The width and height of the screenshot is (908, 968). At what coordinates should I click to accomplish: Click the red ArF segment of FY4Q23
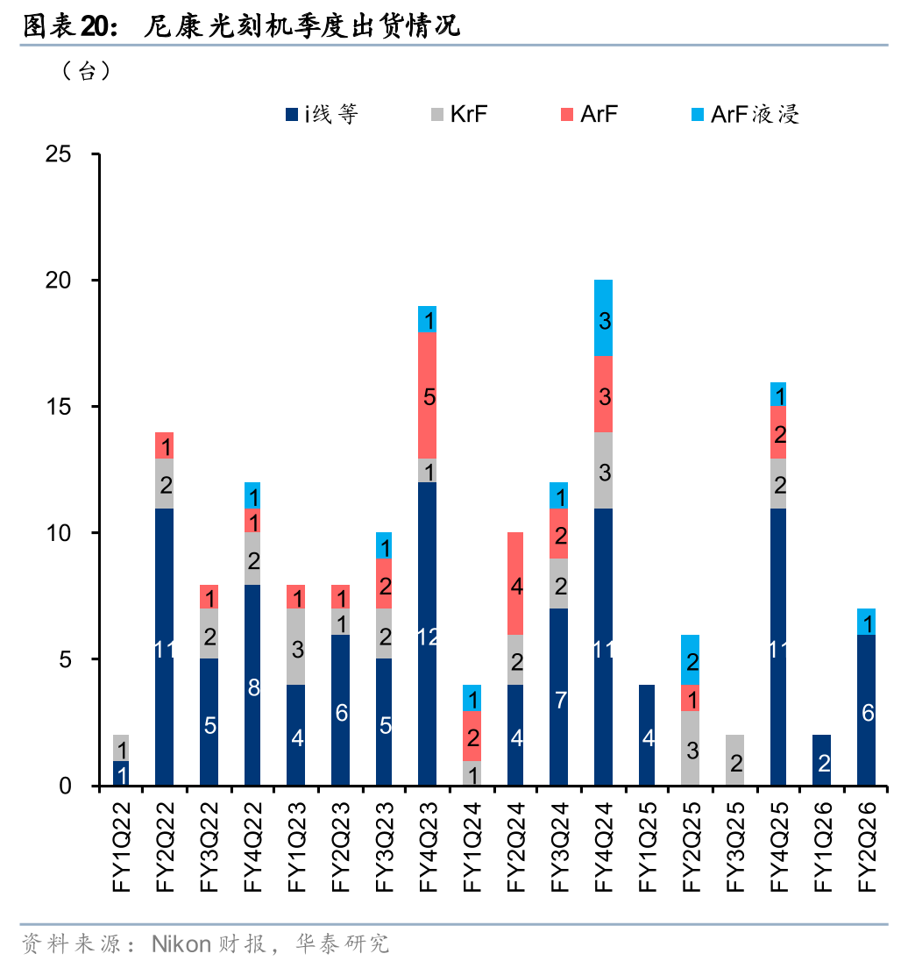(x=428, y=395)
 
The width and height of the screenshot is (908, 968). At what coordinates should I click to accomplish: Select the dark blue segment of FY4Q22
(x=252, y=684)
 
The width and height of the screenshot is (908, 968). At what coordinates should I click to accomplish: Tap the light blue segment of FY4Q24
(x=603, y=318)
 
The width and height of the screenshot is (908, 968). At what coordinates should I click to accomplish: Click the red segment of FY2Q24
(x=515, y=583)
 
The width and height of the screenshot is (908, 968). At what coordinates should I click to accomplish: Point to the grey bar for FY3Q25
(x=734, y=760)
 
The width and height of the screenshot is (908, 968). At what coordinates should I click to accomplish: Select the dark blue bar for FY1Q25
(x=647, y=735)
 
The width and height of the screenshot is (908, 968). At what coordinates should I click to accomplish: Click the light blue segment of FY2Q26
(x=866, y=622)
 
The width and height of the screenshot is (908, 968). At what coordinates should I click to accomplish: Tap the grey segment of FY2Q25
(x=691, y=748)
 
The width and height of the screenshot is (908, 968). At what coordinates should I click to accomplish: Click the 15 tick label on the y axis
(x=58, y=407)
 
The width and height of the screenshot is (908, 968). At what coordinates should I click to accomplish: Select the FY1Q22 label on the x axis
(x=122, y=846)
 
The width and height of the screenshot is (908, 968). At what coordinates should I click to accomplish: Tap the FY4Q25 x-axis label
(x=779, y=846)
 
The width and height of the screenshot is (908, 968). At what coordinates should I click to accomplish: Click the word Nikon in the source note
(x=181, y=944)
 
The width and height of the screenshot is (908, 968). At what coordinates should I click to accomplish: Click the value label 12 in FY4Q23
(x=428, y=637)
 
